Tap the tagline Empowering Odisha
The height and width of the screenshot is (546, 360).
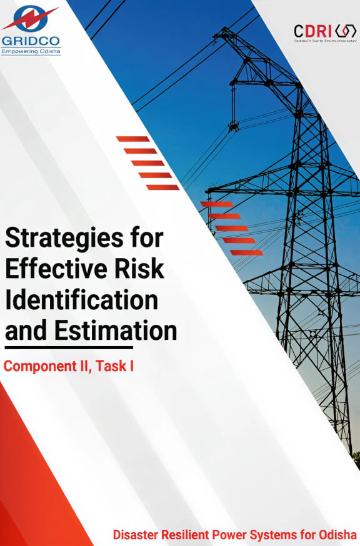point(31,51)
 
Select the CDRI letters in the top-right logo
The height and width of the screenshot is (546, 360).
point(312,30)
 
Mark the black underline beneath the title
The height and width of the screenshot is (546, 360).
point(69,347)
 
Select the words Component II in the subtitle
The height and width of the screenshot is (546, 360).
point(43,367)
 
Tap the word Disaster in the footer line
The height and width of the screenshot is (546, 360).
point(134,535)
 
